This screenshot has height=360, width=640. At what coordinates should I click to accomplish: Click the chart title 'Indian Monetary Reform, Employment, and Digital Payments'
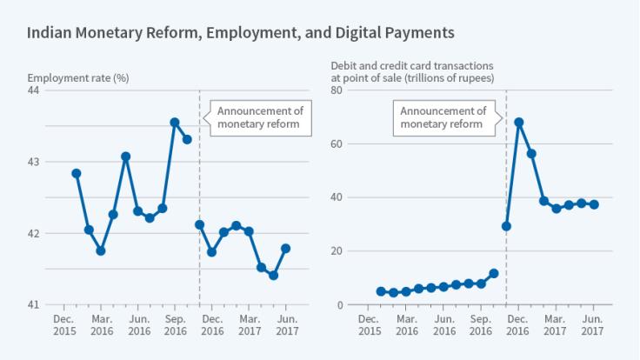click(240, 34)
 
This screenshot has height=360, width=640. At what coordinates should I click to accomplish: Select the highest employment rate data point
click(175, 123)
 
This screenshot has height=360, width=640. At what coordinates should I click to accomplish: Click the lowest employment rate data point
click(273, 276)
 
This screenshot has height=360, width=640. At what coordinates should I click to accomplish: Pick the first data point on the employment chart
click(77, 173)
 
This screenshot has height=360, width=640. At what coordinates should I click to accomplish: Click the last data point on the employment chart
click(285, 249)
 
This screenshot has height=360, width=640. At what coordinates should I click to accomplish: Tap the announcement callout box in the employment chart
click(258, 117)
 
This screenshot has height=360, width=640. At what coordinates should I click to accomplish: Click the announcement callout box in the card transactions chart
click(443, 117)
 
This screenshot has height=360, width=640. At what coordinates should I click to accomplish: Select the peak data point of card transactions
click(519, 123)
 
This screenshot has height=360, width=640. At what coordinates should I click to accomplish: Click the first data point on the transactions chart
click(381, 291)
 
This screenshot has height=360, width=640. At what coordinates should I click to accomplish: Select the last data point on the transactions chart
click(594, 204)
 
